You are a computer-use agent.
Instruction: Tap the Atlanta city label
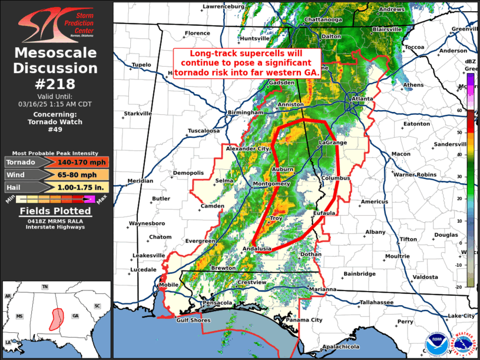pos(362,98)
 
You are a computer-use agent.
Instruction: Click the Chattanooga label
pos(323,19)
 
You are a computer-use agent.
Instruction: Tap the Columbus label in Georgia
pos(336,178)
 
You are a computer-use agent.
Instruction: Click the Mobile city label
pos(169,285)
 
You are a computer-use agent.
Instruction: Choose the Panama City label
pos(309,319)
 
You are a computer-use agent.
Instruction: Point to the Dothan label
pos(311,255)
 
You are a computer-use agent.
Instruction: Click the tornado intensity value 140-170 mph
pos(74,163)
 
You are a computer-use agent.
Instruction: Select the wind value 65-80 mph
pos(74,175)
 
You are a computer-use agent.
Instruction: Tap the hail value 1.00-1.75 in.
pos(74,188)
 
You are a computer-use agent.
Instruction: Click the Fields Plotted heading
pos(56,211)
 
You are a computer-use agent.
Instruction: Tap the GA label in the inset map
pos(75,316)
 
